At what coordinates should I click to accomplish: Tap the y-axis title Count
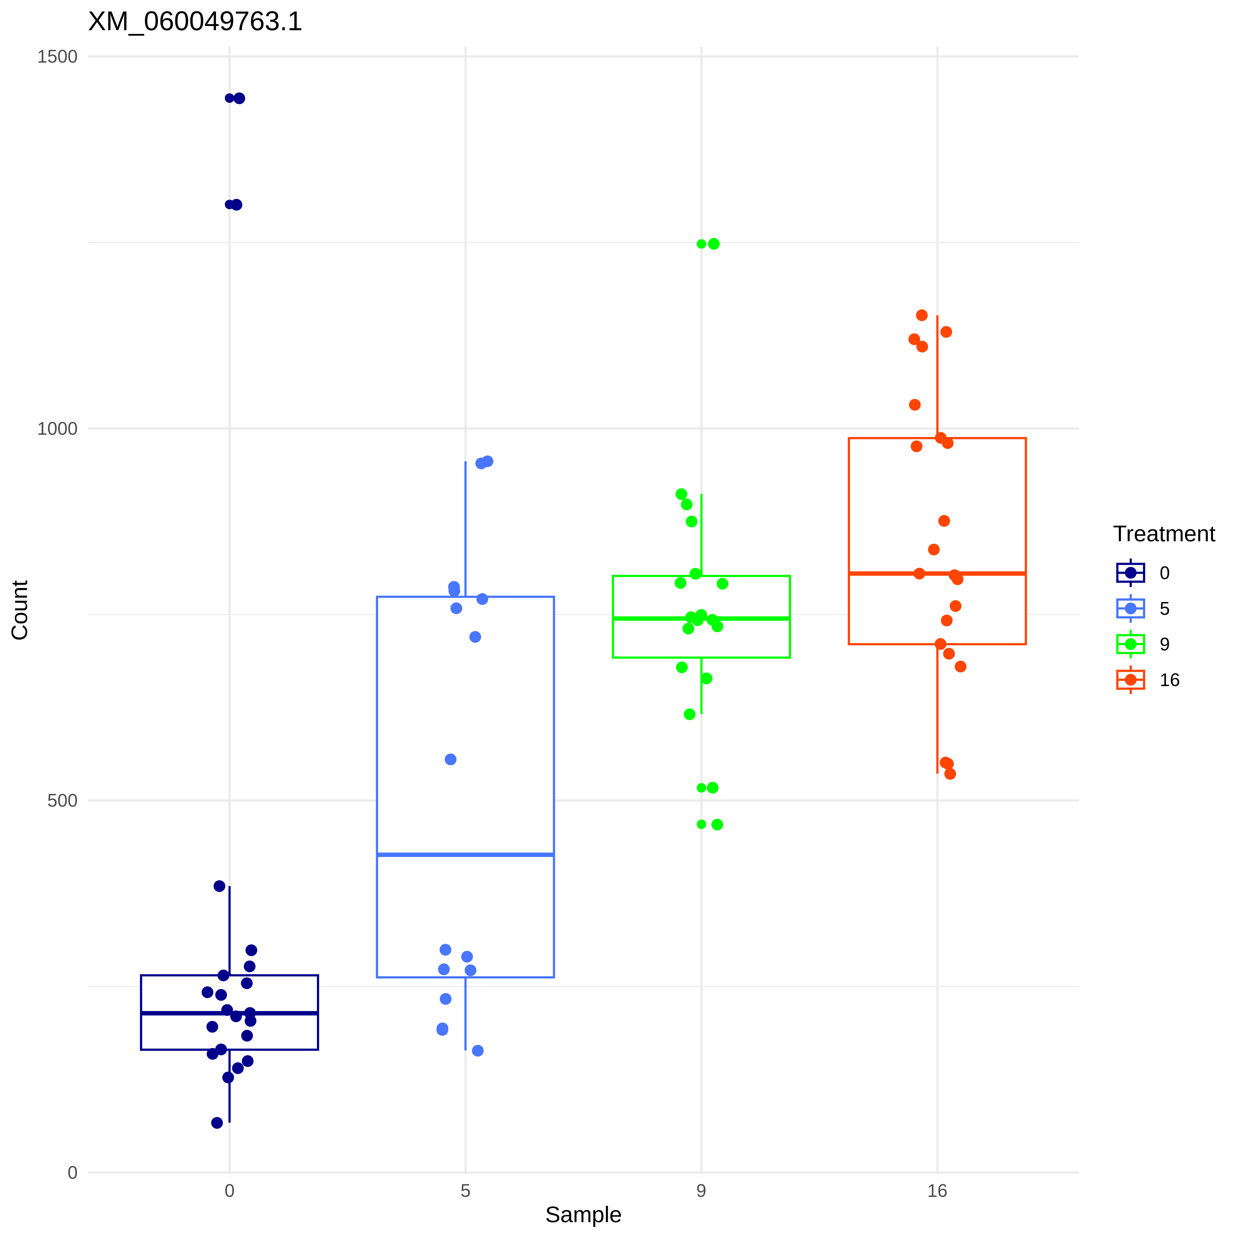coord(20,610)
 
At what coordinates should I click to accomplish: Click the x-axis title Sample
coord(583,1214)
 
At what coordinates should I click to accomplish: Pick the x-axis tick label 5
coord(465,1191)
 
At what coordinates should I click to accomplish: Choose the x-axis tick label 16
coord(937,1191)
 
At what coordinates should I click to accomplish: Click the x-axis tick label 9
coord(701,1191)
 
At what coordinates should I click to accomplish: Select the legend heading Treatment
coord(1164,534)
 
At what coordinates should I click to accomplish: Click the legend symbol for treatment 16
coord(1130,680)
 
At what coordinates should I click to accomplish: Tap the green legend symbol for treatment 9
coord(1130,644)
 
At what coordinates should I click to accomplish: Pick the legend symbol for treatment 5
coord(1130,608)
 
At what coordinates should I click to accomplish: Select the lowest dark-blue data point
coord(217,1123)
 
